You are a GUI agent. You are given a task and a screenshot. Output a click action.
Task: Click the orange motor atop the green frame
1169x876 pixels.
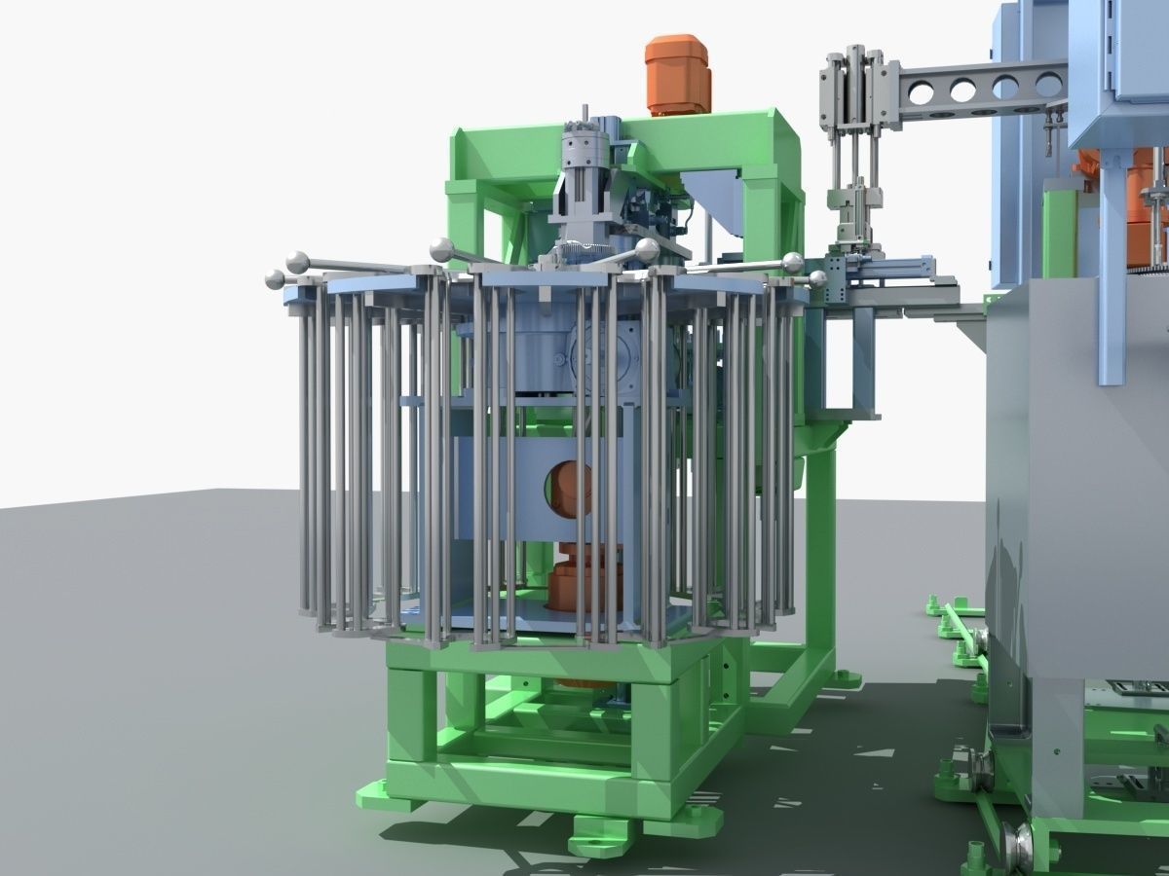click(x=678, y=74)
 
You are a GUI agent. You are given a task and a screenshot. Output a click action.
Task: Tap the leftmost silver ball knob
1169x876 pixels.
click(x=275, y=279)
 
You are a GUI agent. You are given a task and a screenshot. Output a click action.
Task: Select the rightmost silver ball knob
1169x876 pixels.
click(x=816, y=279)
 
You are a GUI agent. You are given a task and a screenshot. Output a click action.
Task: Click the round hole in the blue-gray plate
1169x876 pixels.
click(x=568, y=490)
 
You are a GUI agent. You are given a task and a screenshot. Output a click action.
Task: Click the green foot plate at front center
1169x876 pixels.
click(x=600, y=832)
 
